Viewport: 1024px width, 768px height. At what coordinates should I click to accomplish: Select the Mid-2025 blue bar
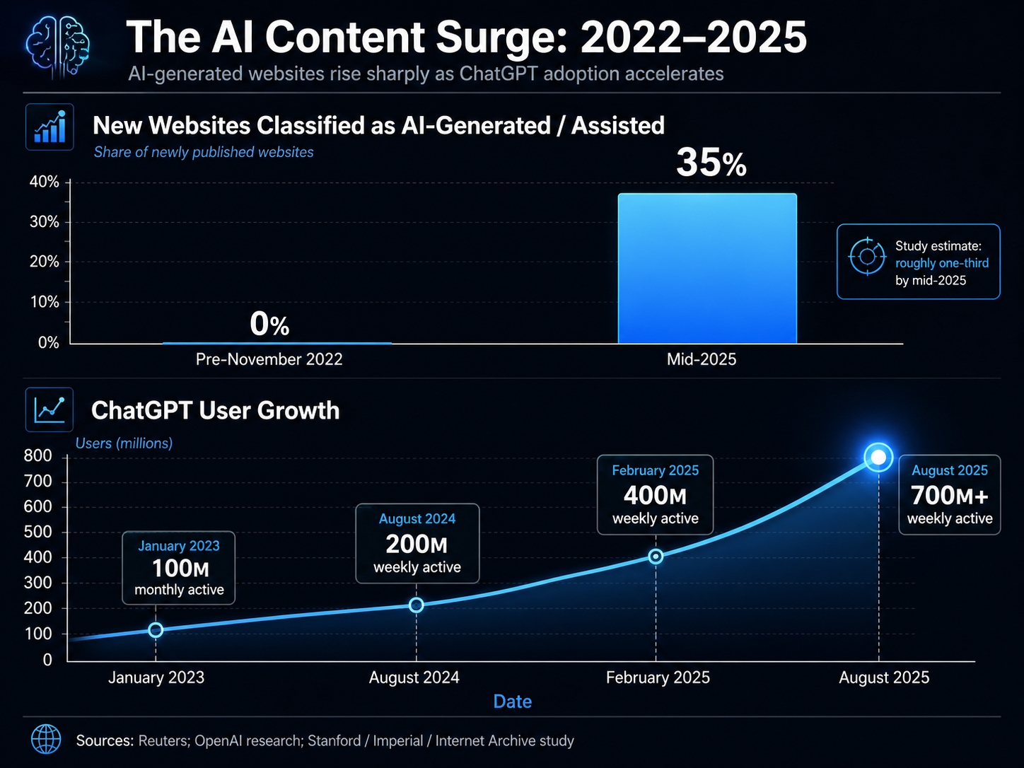tap(707, 269)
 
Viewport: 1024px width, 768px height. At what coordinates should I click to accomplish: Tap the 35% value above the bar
tap(711, 163)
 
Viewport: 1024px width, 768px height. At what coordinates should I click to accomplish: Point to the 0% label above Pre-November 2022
tap(269, 325)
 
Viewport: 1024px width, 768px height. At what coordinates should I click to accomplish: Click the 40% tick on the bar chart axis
tap(45, 182)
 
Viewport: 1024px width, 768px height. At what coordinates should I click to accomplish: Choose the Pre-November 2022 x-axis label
tap(269, 359)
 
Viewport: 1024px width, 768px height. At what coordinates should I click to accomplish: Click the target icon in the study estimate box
tap(867, 256)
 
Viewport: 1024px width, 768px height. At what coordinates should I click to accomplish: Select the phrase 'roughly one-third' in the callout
tap(942, 263)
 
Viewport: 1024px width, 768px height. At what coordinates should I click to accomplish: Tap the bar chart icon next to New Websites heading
tap(50, 127)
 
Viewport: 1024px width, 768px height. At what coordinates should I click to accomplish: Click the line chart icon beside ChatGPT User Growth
tap(50, 410)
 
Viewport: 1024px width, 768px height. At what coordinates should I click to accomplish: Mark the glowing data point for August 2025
tap(878, 458)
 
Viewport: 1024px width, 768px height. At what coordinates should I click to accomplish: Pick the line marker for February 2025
tap(656, 557)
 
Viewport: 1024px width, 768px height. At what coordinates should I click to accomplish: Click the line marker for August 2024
tap(417, 605)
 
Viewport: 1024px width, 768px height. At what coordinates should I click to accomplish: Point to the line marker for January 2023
tap(156, 630)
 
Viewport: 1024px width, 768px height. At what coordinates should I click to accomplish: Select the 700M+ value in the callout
tap(949, 496)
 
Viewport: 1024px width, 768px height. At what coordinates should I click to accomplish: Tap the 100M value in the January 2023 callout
tap(180, 569)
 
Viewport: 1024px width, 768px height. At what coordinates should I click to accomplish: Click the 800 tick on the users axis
tap(38, 456)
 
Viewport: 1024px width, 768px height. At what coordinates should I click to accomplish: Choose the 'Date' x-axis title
tap(512, 702)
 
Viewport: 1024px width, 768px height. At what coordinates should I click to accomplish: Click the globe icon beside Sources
tap(46, 740)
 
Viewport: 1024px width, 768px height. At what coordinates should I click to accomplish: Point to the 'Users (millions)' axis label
tap(124, 443)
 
